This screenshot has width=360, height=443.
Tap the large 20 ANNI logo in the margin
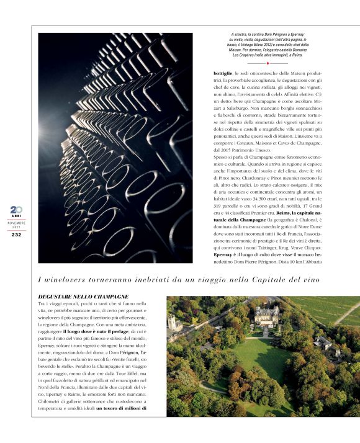16,210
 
